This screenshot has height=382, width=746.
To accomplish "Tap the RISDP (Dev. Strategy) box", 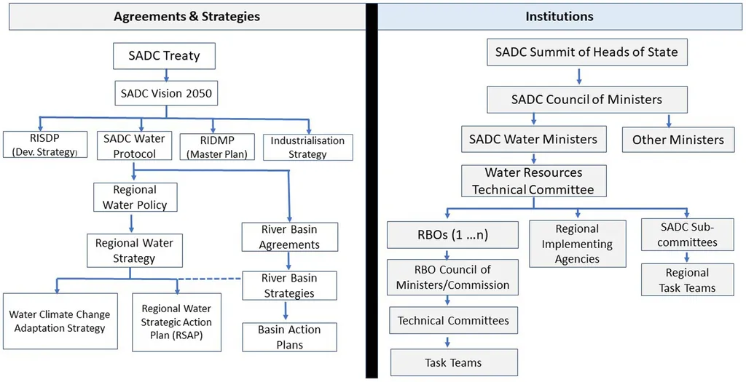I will click(x=44, y=146).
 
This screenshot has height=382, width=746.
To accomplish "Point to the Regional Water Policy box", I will click(x=135, y=197).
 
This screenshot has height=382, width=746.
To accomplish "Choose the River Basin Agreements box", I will click(x=289, y=237).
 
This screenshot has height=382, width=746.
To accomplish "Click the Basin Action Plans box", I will click(x=290, y=337).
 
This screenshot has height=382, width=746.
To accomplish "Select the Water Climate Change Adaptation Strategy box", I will click(x=60, y=322).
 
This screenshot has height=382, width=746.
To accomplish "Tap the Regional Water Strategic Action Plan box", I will click(x=177, y=322).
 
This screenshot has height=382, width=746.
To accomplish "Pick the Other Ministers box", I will click(x=678, y=139).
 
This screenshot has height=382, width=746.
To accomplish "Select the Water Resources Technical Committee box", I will click(x=533, y=181).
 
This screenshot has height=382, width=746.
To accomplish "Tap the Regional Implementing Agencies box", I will click(x=577, y=244).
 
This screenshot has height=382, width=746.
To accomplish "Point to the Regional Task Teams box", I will click(x=687, y=280).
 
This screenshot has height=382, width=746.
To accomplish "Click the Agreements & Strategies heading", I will click(x=186, y=16).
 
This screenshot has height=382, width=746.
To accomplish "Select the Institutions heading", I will click(x=559, y=16).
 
